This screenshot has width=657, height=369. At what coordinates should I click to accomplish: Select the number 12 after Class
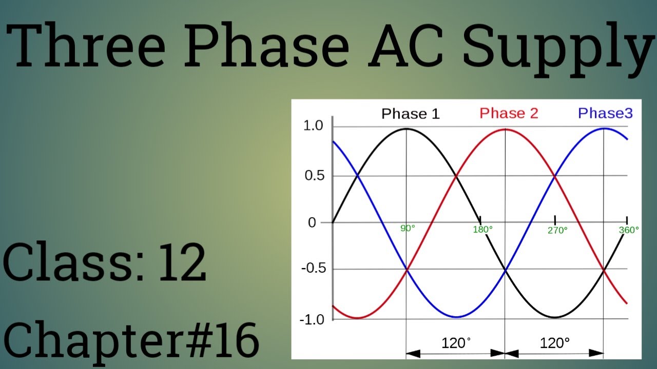pos(182,263)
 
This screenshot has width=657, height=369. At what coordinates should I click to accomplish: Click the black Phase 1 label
pos(410,114)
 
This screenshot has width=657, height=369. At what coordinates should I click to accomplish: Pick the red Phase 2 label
pos(509,113)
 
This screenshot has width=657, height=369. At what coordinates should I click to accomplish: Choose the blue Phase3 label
pos(605,113)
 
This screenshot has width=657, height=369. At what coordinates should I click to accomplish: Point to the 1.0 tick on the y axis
pos(313,126)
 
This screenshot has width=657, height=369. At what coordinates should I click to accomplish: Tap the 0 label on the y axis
pos(312,222)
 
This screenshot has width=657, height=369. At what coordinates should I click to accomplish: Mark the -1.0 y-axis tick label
pos(311,319)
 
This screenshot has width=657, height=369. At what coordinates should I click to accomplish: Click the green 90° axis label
pos(408,229)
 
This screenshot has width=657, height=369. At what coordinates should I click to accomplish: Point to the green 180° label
pos(482,230)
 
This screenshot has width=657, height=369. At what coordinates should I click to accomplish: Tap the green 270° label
pos(557,231)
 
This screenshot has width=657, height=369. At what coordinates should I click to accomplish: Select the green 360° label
pos(629,230)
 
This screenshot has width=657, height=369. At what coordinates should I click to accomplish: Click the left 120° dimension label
pos(456,343)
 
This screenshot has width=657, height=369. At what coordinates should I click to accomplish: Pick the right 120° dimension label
pos(555,343)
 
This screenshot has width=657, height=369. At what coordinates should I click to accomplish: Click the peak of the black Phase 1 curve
pos(406,129)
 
